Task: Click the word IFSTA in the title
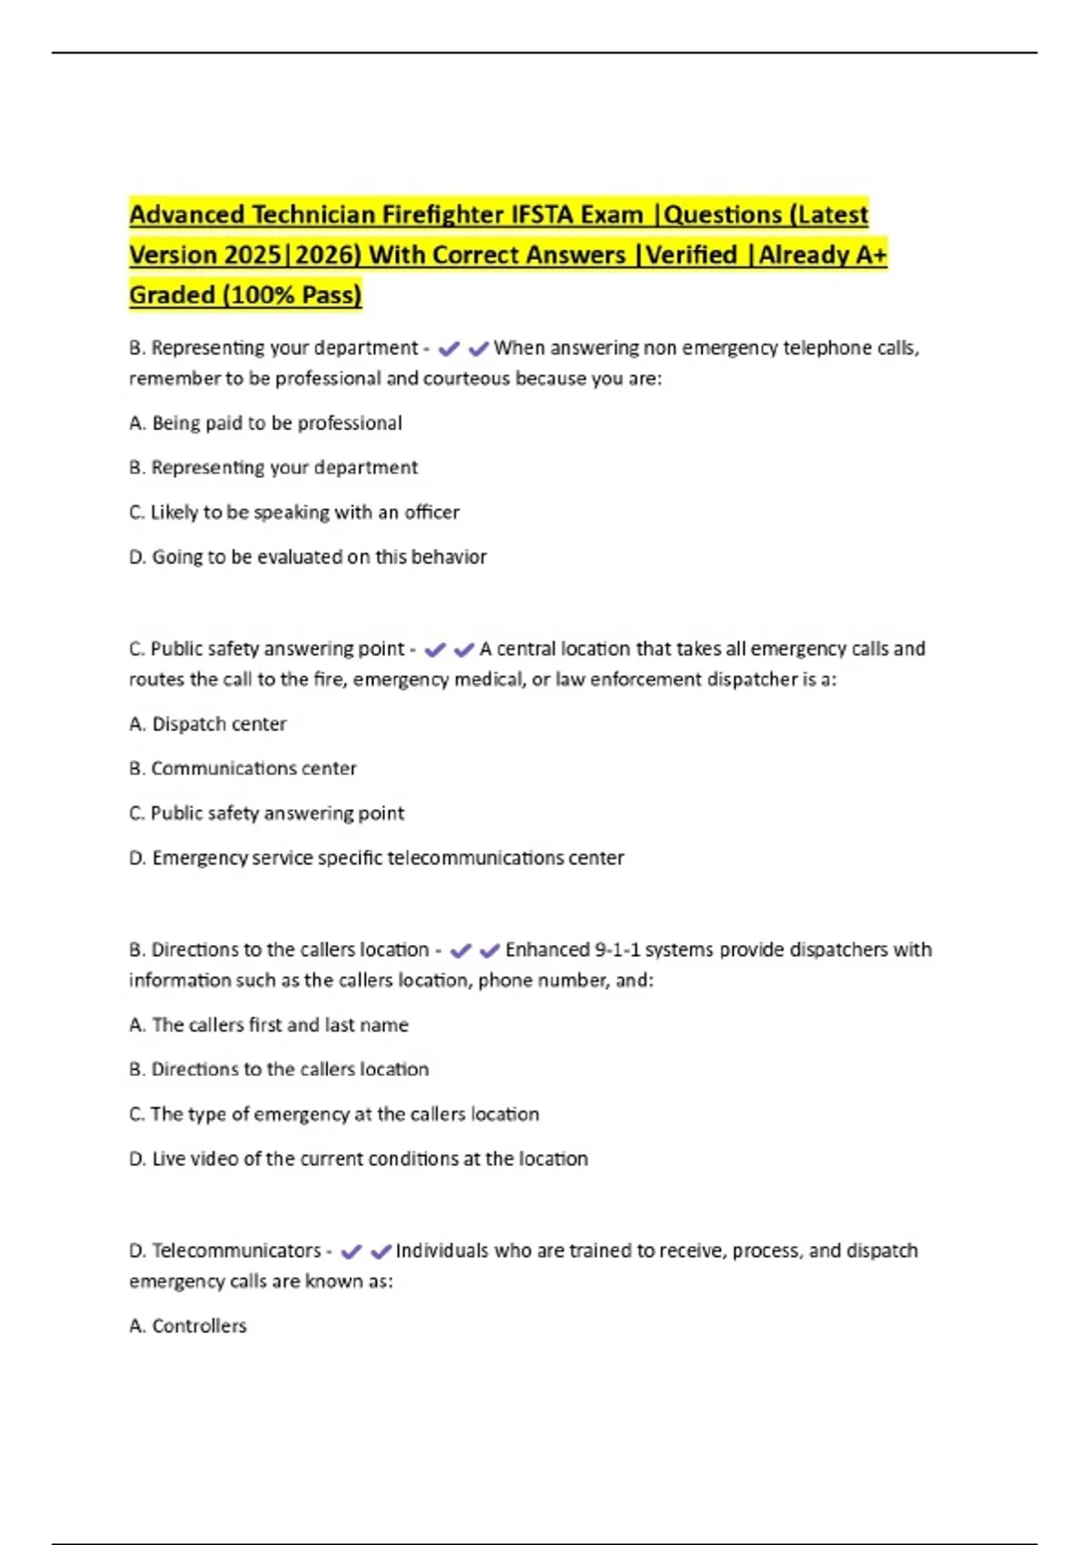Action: tap(542, 214)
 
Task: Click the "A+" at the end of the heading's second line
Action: tap(870, 254)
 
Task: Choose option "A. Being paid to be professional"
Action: tap(265, 423)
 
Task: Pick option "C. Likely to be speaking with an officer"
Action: tap(294, 512)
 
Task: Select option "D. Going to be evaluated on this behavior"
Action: tap(308, 556)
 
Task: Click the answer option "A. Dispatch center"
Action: tap(208, 723)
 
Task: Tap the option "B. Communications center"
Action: tap(243, 768)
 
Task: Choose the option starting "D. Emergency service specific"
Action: tap(376, 857)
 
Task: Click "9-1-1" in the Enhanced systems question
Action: tap(617, 949)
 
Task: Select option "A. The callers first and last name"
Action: tap(269, 1024)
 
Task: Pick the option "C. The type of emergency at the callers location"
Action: tap(334, 1113)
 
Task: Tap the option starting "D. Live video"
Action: tap(358, 1158)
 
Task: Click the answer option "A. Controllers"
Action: tap(188, 1325)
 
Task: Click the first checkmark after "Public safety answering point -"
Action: tap(435, 650)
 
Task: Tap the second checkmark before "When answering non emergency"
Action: tap(479, 348)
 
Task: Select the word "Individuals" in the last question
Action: tap(441, 1251)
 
